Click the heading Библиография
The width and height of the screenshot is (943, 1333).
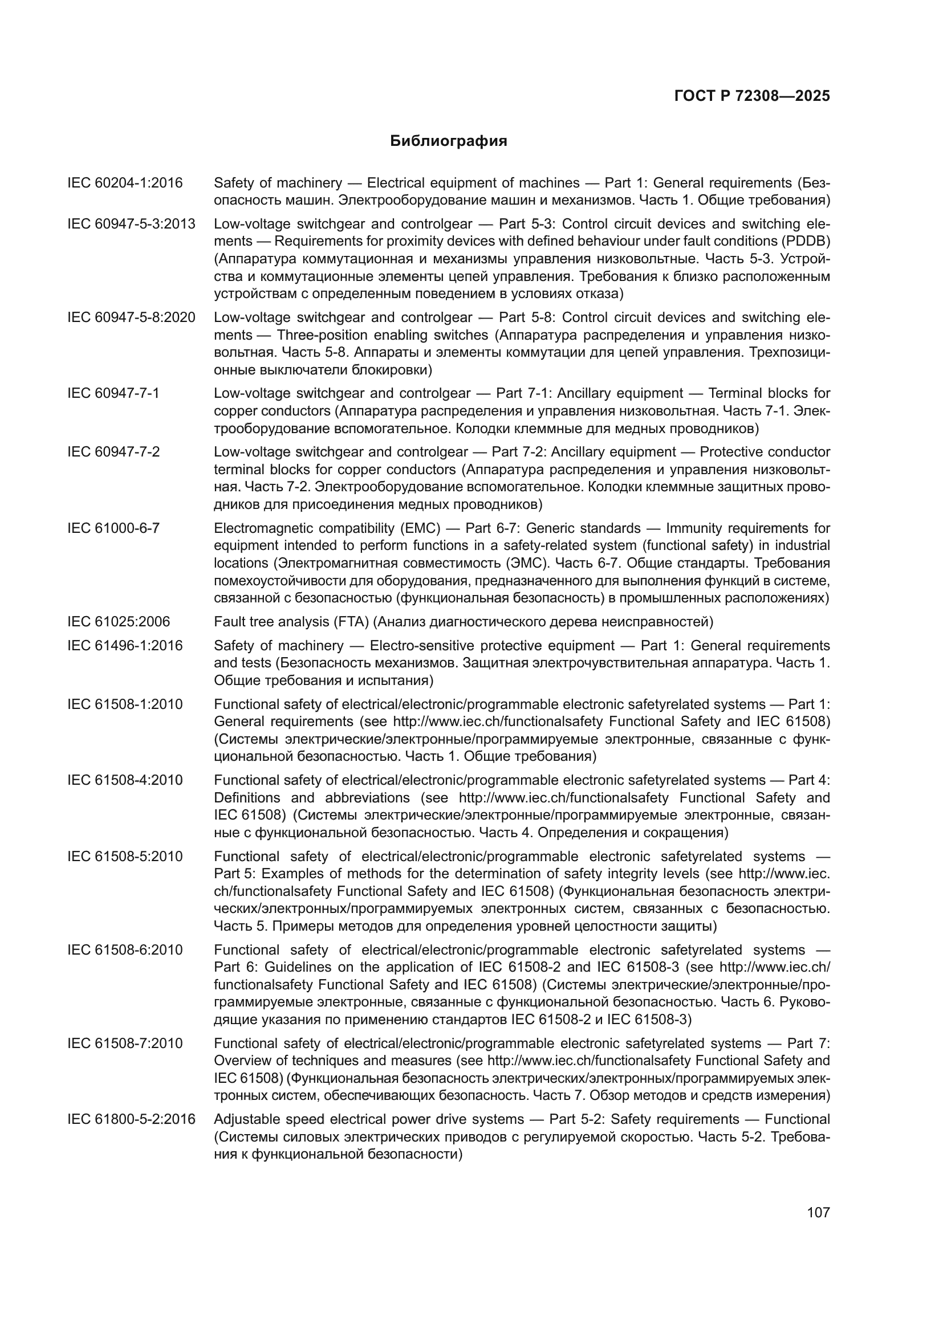(x=448, y=141)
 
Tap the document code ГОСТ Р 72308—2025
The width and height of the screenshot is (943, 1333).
(x=752, y=96)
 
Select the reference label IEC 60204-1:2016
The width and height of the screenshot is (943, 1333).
(x=125, y=183)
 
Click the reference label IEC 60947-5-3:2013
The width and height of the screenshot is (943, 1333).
(x=131, y=224)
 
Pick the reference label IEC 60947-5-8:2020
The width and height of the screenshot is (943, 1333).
(x=131, y=317)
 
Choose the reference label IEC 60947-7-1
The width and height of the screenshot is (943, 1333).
(x=113, y=393)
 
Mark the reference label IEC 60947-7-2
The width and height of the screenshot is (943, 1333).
(x=113, y=452)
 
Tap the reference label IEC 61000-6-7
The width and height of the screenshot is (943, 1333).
(x=113, y=528)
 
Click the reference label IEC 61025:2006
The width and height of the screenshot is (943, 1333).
(x=119, y=622)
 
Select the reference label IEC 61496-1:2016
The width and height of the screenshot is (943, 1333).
(x=125, y=646)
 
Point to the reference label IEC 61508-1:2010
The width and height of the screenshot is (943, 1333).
(x=125, y=704)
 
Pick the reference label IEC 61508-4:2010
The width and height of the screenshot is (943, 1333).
(x=125, y=780)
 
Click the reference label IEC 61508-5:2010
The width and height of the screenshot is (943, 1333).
(x=125, y=857)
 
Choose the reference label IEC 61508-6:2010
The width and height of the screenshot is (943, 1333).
(x=125, y=950)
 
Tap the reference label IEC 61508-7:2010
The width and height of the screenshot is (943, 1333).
(x=125, y=1043)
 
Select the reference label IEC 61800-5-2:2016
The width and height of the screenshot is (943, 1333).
(x=131, y=1119)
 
